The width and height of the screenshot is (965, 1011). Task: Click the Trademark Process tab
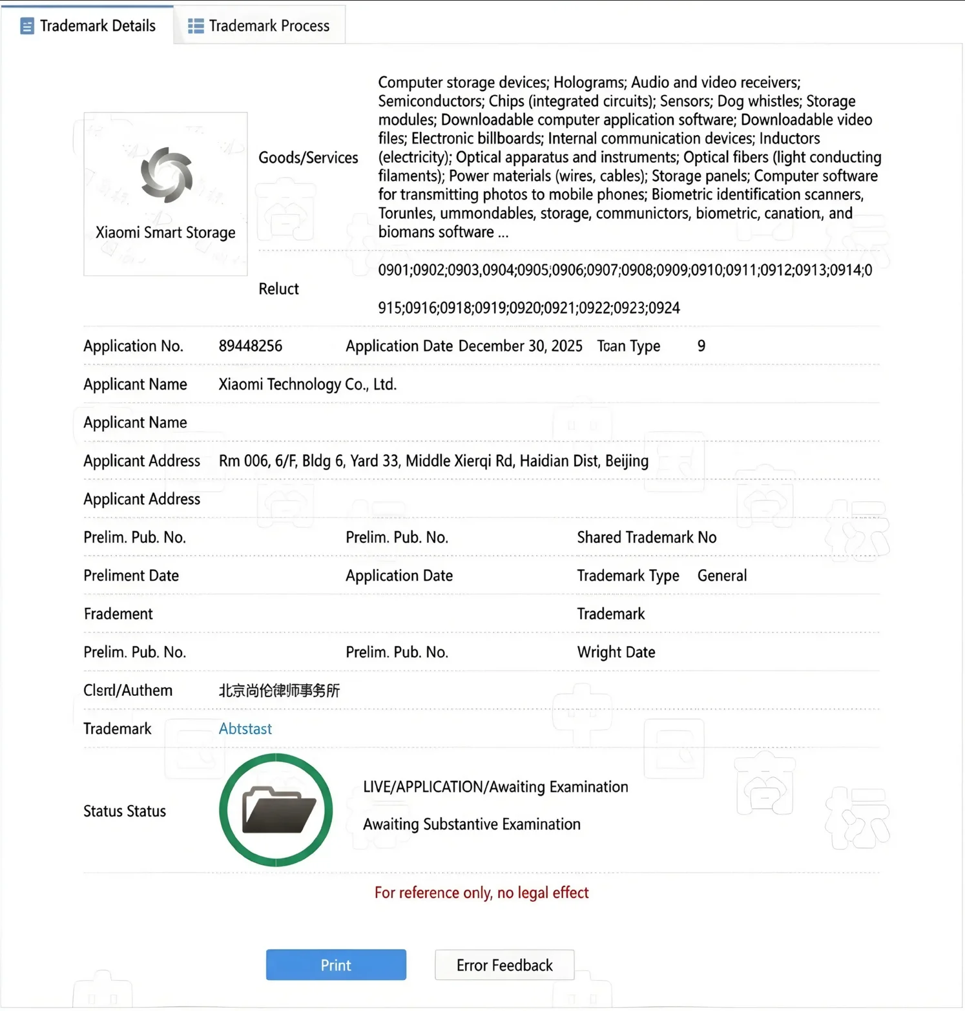pos(259,26)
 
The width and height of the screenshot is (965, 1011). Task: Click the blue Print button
pos(336,965)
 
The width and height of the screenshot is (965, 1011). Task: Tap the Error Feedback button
pos(504,965)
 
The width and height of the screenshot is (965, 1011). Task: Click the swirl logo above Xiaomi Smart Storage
pos(167,175)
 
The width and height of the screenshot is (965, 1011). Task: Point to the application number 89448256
pos(251,346)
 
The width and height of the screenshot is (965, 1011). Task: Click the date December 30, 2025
pos(520,346)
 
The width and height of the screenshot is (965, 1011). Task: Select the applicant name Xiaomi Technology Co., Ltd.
pos(307,384)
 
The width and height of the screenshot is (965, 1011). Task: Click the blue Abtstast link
pos(245,729)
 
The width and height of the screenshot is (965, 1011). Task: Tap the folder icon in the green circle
pos(278,810)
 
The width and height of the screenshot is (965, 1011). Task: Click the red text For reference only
pos(481,893)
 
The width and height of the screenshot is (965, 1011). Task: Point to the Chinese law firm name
pos(279,691)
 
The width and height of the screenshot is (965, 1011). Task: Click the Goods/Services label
pos(308,158)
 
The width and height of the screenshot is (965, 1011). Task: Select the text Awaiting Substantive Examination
pos(472,824)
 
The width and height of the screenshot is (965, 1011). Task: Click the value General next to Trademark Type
pos(722,576)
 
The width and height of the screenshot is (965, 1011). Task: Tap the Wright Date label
pos(616,652)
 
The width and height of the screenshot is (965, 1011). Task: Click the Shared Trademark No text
pos(647,537)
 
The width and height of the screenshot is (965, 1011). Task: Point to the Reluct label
pos(278,289)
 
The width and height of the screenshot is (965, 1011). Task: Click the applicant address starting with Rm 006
pos(433,461)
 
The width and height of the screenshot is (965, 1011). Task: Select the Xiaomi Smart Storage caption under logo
pos(165,233)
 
